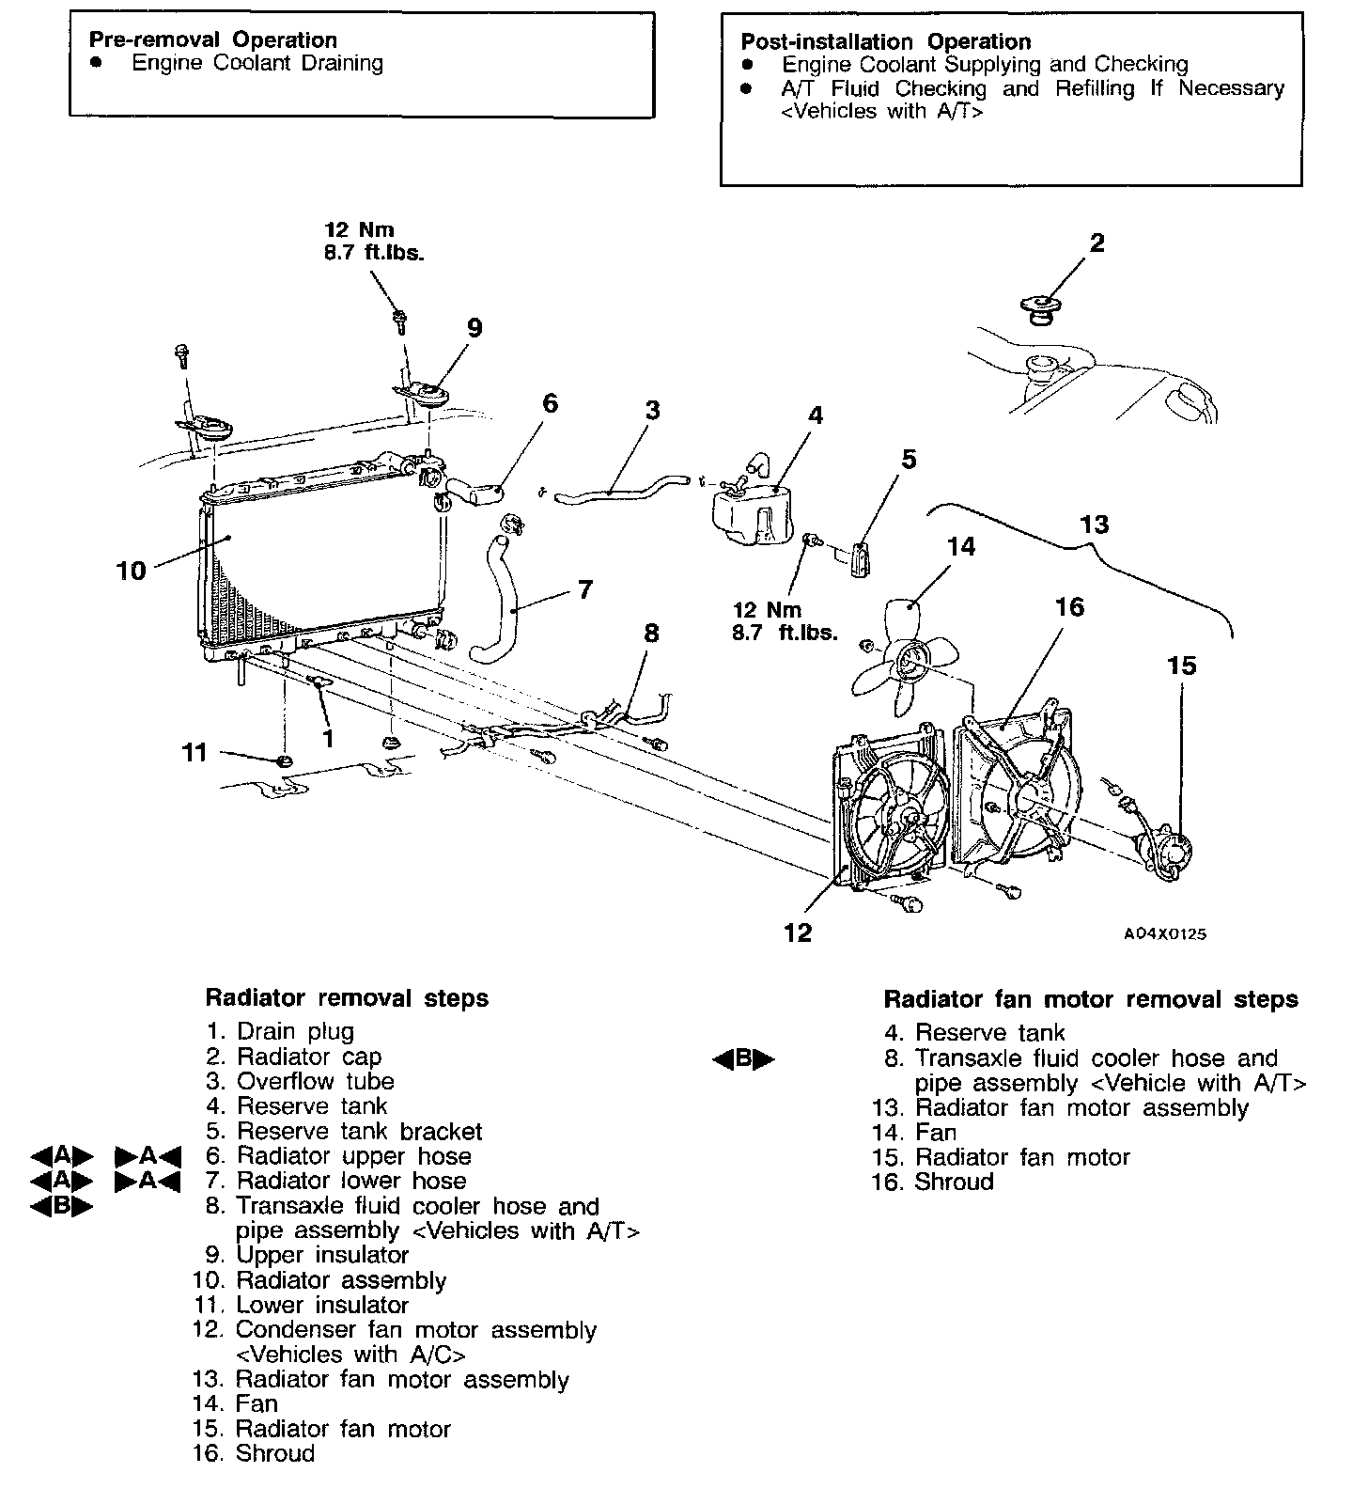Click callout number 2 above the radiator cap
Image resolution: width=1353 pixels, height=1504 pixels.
[1096, 243]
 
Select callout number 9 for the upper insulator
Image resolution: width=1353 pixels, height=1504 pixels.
[474, 327]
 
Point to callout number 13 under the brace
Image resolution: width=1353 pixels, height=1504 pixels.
[1096, 524]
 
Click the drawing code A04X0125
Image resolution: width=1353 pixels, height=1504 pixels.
[1165, 934]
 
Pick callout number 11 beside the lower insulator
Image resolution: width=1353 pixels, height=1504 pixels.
[194, 752]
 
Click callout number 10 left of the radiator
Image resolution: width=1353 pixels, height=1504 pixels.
[132, 570]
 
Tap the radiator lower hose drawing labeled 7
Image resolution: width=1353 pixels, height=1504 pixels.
[498, 592]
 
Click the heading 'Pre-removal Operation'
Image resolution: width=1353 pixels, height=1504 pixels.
[212, 39]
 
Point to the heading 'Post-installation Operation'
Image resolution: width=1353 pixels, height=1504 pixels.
[886, 41]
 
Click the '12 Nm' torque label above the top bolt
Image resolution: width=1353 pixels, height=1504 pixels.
[359, 229]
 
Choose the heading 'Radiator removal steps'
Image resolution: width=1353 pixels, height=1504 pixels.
[347, 997]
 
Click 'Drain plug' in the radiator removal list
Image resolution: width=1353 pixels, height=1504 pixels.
[295, 1031]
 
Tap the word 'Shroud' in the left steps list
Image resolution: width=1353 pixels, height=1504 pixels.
[275, 1453]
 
